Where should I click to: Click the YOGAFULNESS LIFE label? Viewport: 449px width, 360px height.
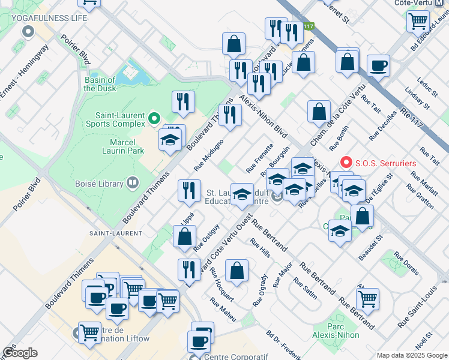[x=49, y=18]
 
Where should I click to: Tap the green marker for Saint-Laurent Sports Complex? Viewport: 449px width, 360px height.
[x=154, y=118]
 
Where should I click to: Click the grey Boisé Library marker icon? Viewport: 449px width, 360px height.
[x=133, y=183]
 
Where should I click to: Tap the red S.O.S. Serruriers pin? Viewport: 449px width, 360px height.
[x=346, y=163]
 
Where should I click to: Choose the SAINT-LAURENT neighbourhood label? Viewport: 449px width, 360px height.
[x=116, y=233]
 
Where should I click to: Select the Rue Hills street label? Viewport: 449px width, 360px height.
[x=261, y=248]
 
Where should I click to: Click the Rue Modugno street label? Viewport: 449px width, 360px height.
[x=209, y=155]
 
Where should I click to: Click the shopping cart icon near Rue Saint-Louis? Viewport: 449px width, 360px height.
[x=367, y=298]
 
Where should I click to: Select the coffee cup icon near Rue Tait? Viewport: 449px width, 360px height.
[x=378, y=65]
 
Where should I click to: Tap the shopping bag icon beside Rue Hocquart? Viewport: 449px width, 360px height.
[x=238, y=269]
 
